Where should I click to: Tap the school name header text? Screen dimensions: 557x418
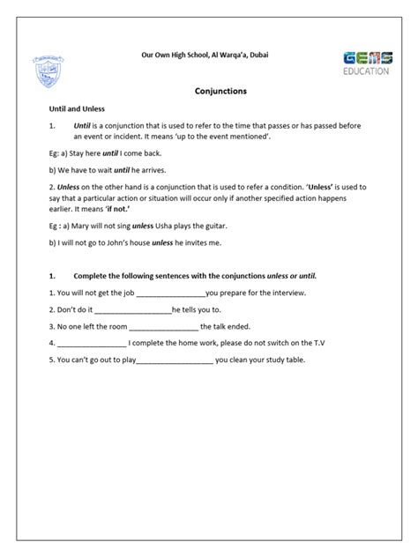point(205,56)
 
